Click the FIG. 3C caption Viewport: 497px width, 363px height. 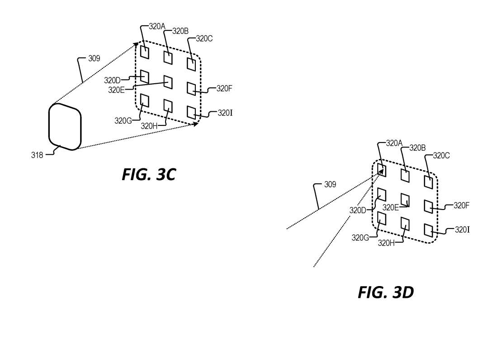coord(149,175)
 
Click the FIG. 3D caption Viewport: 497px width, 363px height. coord(386,292)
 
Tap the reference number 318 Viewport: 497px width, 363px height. coord(37,155)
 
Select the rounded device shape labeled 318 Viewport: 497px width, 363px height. coord(65,127)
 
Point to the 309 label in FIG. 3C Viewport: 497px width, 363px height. coord(94,58)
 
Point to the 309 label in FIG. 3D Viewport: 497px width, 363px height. coord(330,184)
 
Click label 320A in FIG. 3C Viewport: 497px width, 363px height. coord(157,26)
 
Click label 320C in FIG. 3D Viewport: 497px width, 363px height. coord(441,156)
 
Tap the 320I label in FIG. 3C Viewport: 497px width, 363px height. coord(225,113)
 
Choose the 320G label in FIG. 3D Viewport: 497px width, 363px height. coord(360,238)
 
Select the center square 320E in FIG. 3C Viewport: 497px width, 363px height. coord(168,82)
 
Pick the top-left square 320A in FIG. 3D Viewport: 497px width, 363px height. coord(382,170)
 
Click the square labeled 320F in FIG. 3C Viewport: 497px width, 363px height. coord(191,89)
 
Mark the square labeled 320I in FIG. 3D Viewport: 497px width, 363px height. coord(429,230)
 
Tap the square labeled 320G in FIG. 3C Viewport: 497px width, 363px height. coord(145,100)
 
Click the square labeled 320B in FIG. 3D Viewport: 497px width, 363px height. coord(405,176)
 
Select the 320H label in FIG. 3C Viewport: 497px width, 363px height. coord(149,126)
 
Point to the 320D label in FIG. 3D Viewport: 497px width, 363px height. coord(358,210)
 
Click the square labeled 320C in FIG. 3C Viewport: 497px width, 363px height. coord(191,64)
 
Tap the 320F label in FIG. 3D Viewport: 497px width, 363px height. coord(461,205)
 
